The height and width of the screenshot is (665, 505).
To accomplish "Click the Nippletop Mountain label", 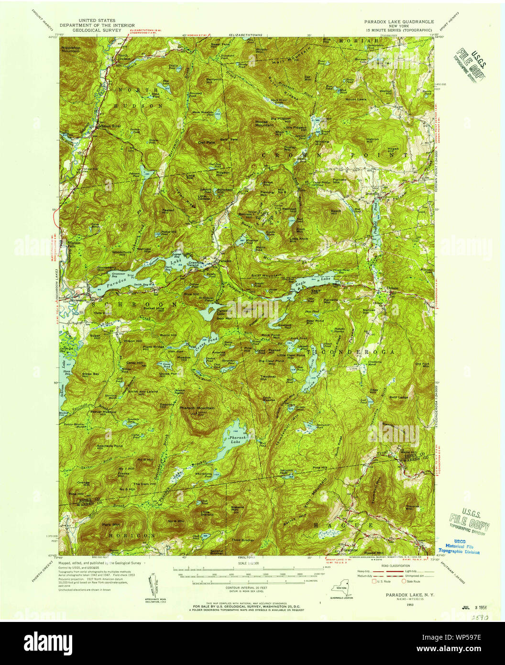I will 70,49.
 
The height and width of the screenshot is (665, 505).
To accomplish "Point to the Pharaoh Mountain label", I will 197,408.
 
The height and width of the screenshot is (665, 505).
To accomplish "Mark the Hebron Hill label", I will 373,141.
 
